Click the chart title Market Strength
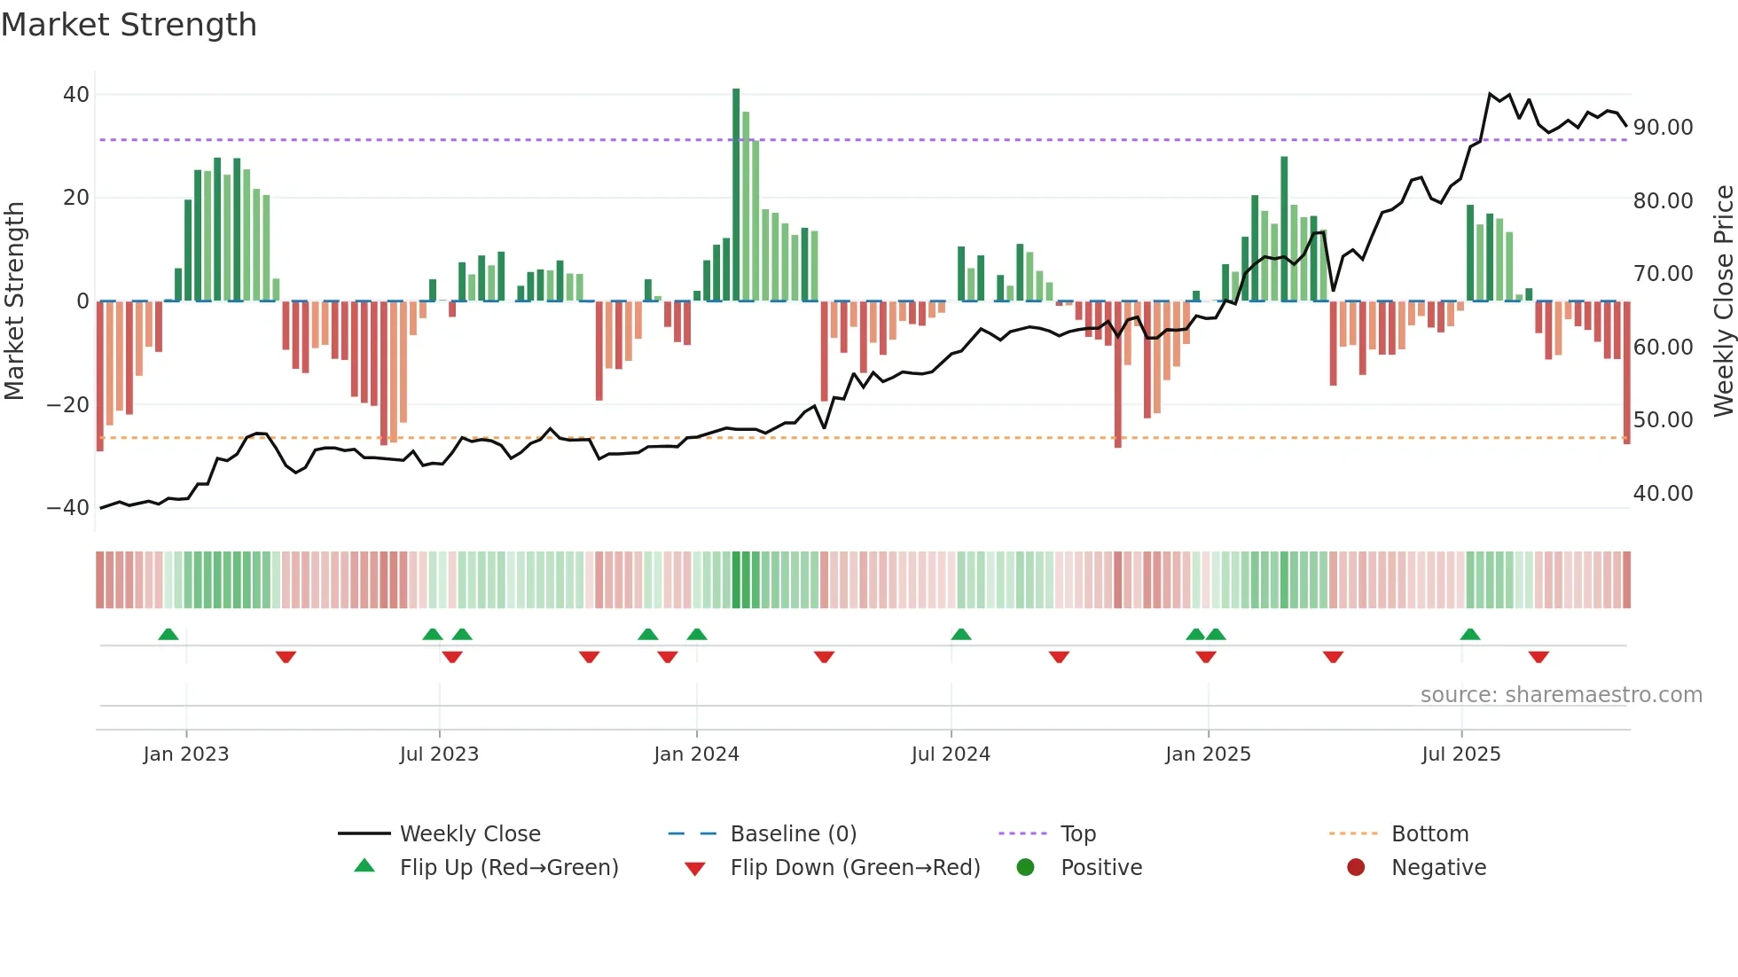129,25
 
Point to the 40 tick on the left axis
76,94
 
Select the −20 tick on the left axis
68,404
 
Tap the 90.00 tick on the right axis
1663,128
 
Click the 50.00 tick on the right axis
1663,420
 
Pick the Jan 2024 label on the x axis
696,754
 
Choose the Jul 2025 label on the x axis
1460,754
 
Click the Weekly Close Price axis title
1723,301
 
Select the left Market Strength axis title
14,301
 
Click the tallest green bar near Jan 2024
736,195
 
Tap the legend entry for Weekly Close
469,834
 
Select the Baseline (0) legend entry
793,834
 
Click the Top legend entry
1077,834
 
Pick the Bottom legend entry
1429,834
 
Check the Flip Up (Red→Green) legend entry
508,868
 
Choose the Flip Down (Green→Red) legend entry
855,868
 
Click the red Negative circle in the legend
1356,867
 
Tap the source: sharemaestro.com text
1561,695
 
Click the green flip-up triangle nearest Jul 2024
961,634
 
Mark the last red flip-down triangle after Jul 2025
1538,657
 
